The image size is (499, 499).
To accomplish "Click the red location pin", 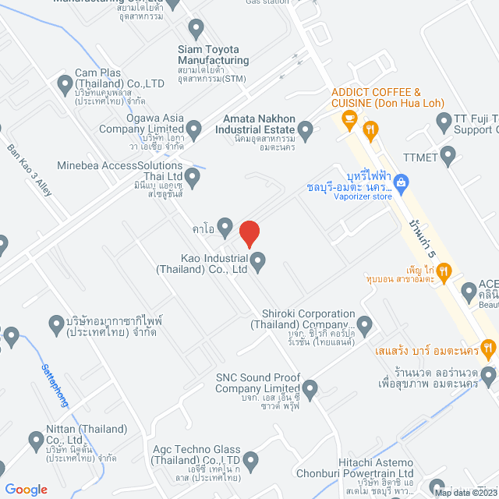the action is tap(249, 234).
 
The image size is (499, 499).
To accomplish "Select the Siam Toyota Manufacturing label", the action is tap(214, 55).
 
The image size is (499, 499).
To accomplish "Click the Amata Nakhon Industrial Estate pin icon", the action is tap(307, 131).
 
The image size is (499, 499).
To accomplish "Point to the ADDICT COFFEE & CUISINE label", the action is tap(376, 97).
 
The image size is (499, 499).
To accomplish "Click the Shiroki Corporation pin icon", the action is tap(364, 324).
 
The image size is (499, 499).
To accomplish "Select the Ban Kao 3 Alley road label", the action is tap(30, 168).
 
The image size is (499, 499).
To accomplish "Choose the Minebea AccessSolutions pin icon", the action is tap(192, 180).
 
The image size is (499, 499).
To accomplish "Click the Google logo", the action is tap(27, 489).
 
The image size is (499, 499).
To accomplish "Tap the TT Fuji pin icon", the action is tap(444, 121).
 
